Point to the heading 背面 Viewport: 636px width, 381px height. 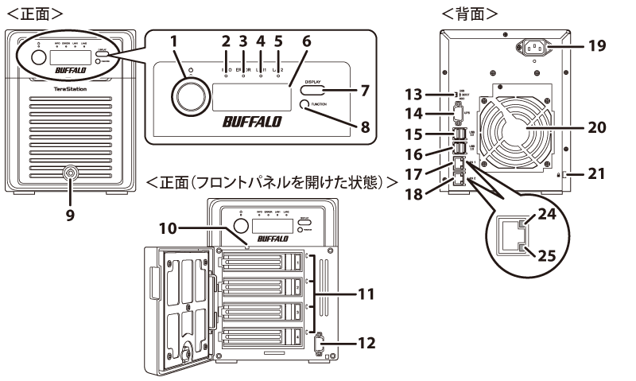471,14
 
